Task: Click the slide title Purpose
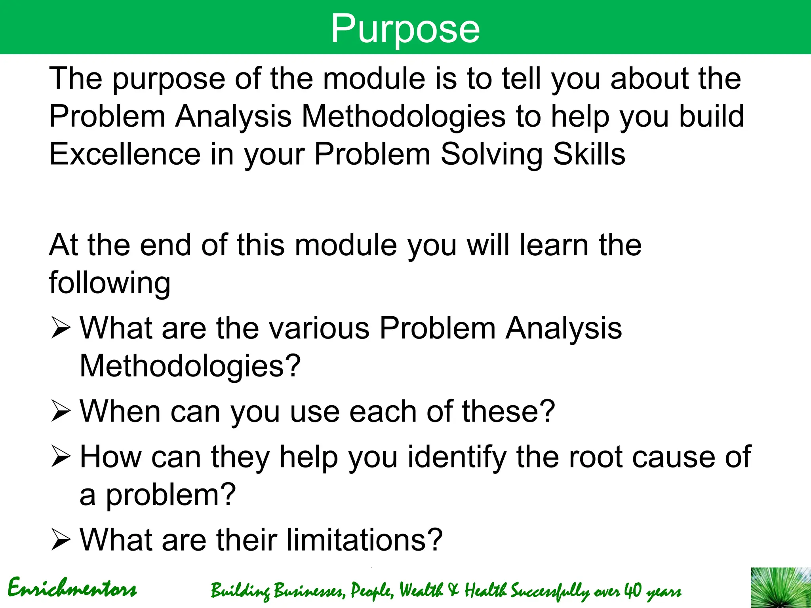click(x=405, y=28)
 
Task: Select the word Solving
click(x=491, y=154)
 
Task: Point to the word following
click(x=110, y=283)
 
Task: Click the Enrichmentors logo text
click(x=72, y=589)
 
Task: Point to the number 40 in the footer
click(x=632, y=591)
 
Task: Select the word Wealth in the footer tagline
click(x=421, y=591)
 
